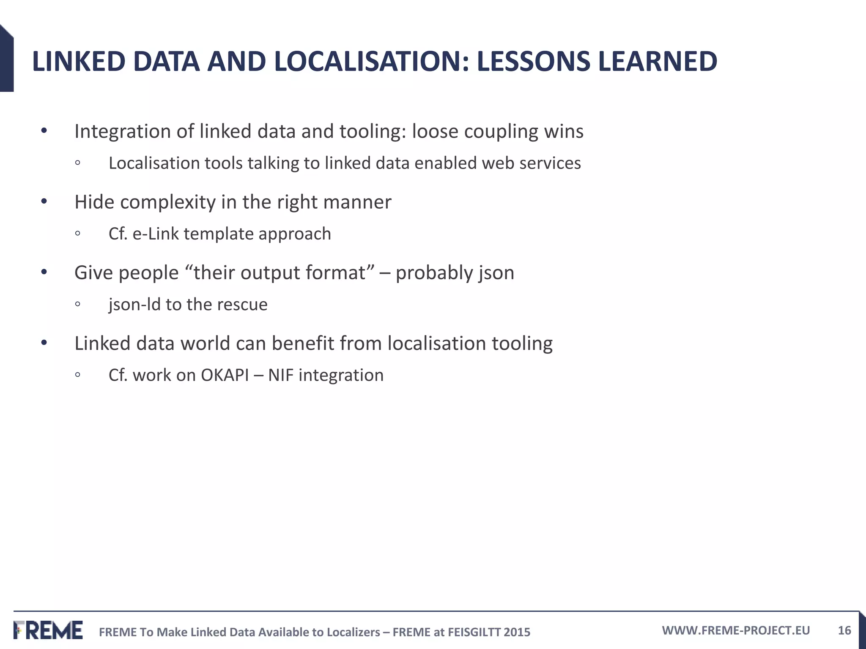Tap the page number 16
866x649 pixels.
pyautogui.click(x=844, y=630)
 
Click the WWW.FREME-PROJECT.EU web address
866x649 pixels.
pyautogui.click(x=736, y=630)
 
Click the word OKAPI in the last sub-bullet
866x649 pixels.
pyautogui.click(x=225, y=375)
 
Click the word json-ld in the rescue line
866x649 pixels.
pyautogui.click(x=134, y=305)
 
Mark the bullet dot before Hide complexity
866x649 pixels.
pyautogui.click(x=44, y=202)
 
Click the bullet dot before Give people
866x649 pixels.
pyautogui.click(x=44, y=273)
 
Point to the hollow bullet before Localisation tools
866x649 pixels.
pyautogui.click(x=77, y=164)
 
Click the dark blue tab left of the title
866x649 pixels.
pyautogui.click(x=6, y=59)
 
